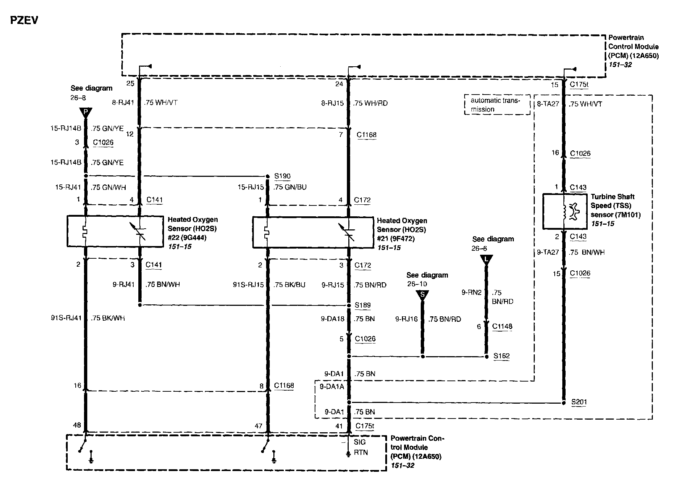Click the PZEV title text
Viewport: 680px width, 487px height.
(24, 20)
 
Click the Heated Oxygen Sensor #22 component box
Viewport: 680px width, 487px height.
(115, 231)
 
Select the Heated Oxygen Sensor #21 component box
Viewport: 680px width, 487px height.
(312, 232)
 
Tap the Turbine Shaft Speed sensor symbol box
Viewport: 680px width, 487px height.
(564, 211)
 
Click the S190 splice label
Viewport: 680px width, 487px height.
(282, 176)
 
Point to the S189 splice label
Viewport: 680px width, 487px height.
(362, 305)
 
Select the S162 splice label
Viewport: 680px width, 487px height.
(501, 356)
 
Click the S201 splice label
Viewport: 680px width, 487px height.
(579, 402)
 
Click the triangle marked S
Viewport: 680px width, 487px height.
(422, 295)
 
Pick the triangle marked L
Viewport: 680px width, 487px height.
(486, 259)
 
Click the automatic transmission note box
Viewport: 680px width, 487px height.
(497, 105)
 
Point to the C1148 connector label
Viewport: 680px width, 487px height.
(502, 326)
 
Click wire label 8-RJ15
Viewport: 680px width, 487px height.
(332, 103)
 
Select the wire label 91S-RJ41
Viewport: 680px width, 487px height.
(66, 318)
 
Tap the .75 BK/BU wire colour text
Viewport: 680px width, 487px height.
(289, 285)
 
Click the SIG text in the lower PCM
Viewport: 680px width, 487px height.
(360, 442)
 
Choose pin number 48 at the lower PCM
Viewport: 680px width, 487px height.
(77, 425)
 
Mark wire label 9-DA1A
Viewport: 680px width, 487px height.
(332, 387)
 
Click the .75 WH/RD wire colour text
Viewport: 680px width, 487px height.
(370, 103)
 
